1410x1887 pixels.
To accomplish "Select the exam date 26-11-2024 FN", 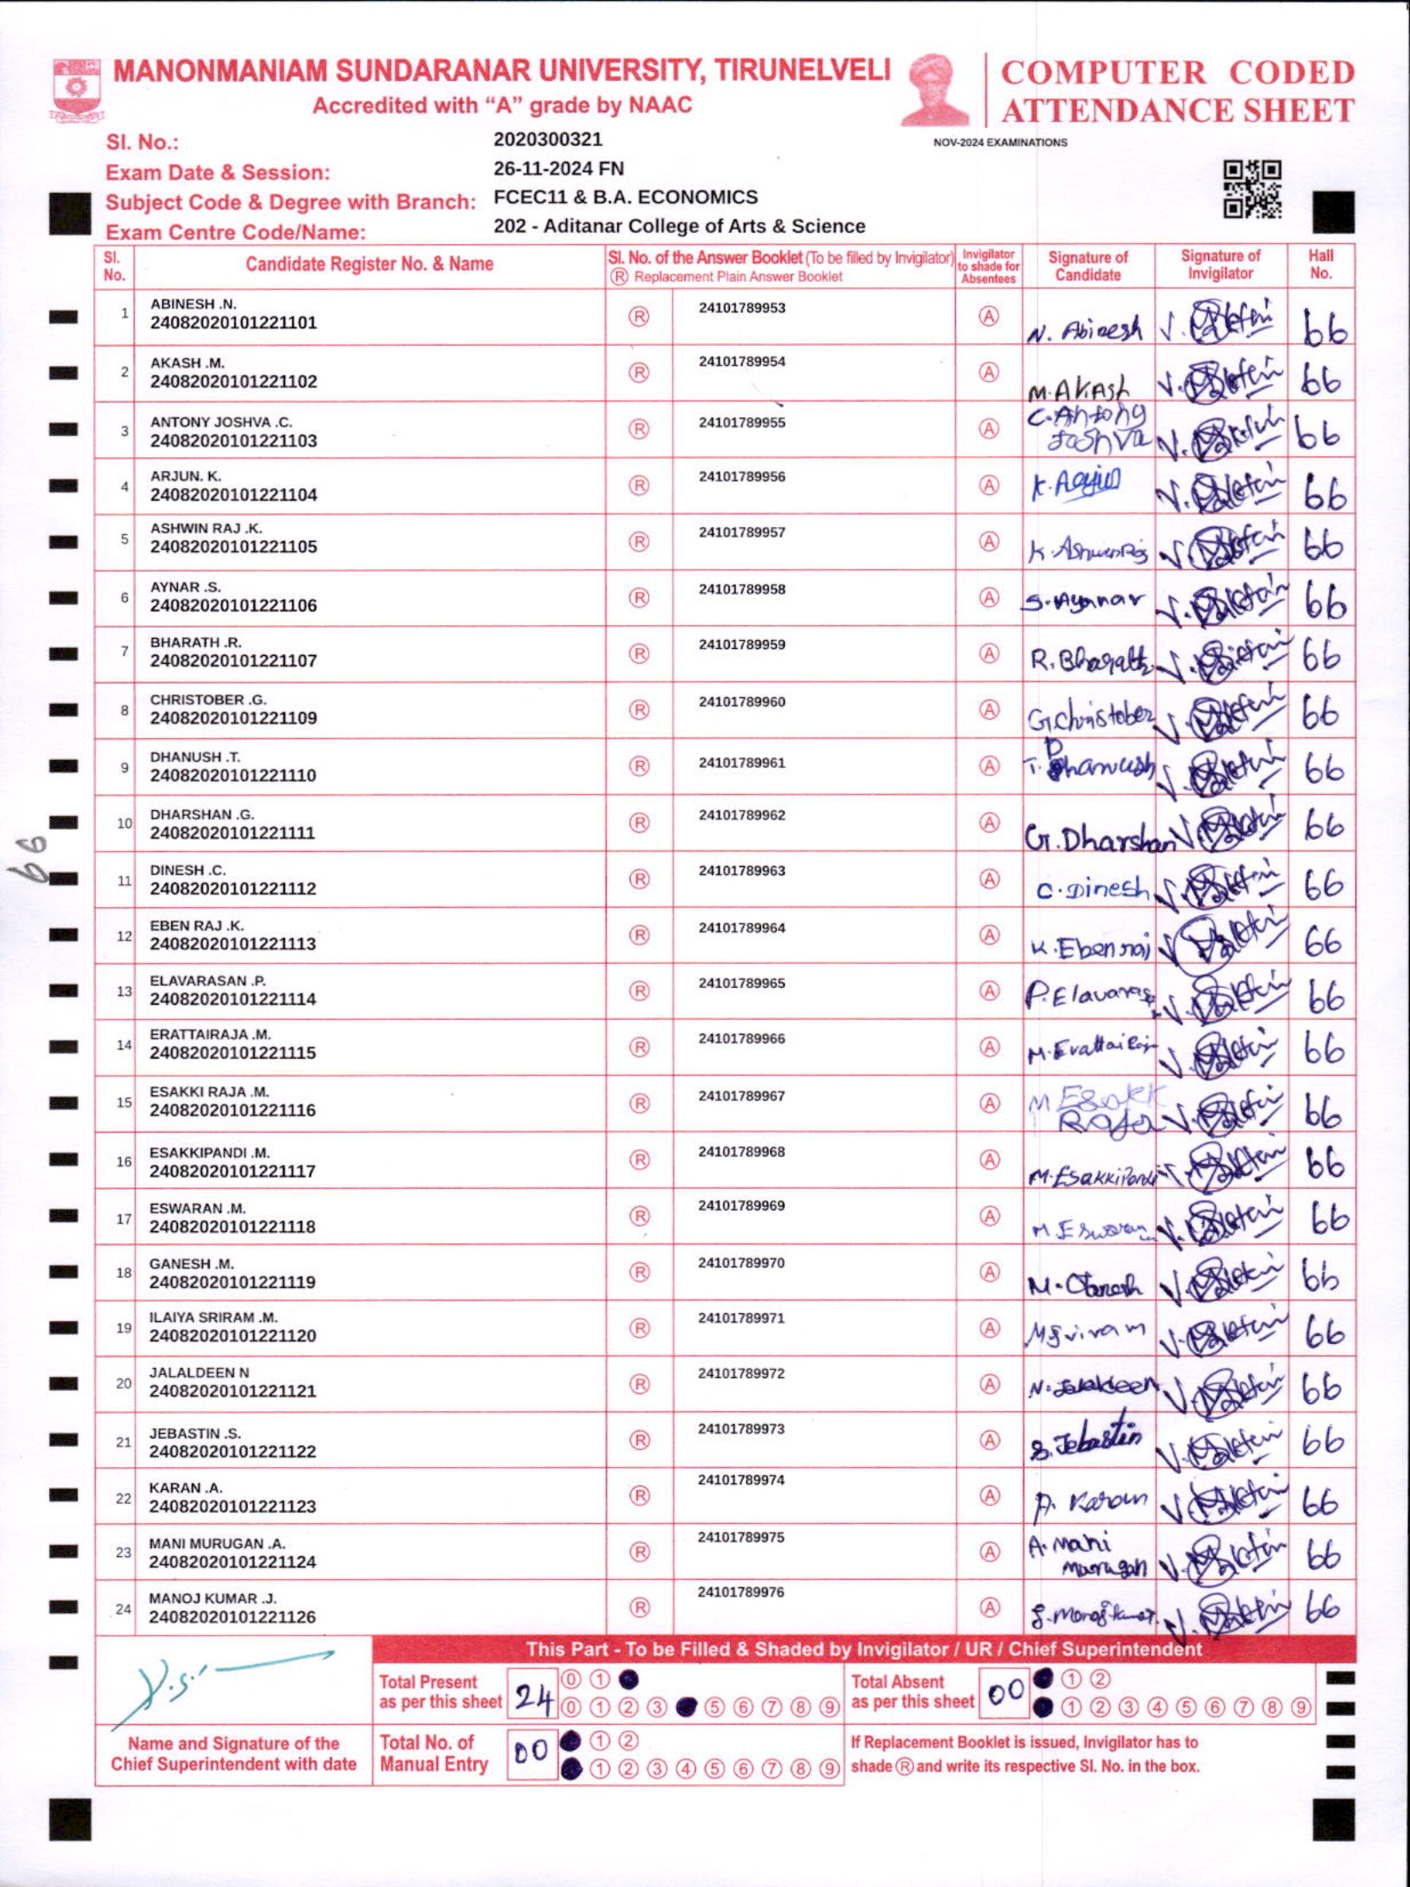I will (x=559, y=169).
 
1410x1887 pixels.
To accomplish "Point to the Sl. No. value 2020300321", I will (x=547, y=139).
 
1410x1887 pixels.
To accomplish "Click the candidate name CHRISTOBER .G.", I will (x=208, y=699).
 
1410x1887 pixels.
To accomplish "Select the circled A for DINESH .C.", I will (x=988, y=879).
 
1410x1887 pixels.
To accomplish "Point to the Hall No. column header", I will (x=1321, y=264).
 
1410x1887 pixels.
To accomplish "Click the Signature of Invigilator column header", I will (x=1220, y=264).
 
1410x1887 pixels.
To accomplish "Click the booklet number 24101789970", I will (x=741, y=1263).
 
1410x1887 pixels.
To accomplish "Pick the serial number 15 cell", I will (x=124, y=1103).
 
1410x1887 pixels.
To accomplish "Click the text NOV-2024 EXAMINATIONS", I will (x=1000, y=143).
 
